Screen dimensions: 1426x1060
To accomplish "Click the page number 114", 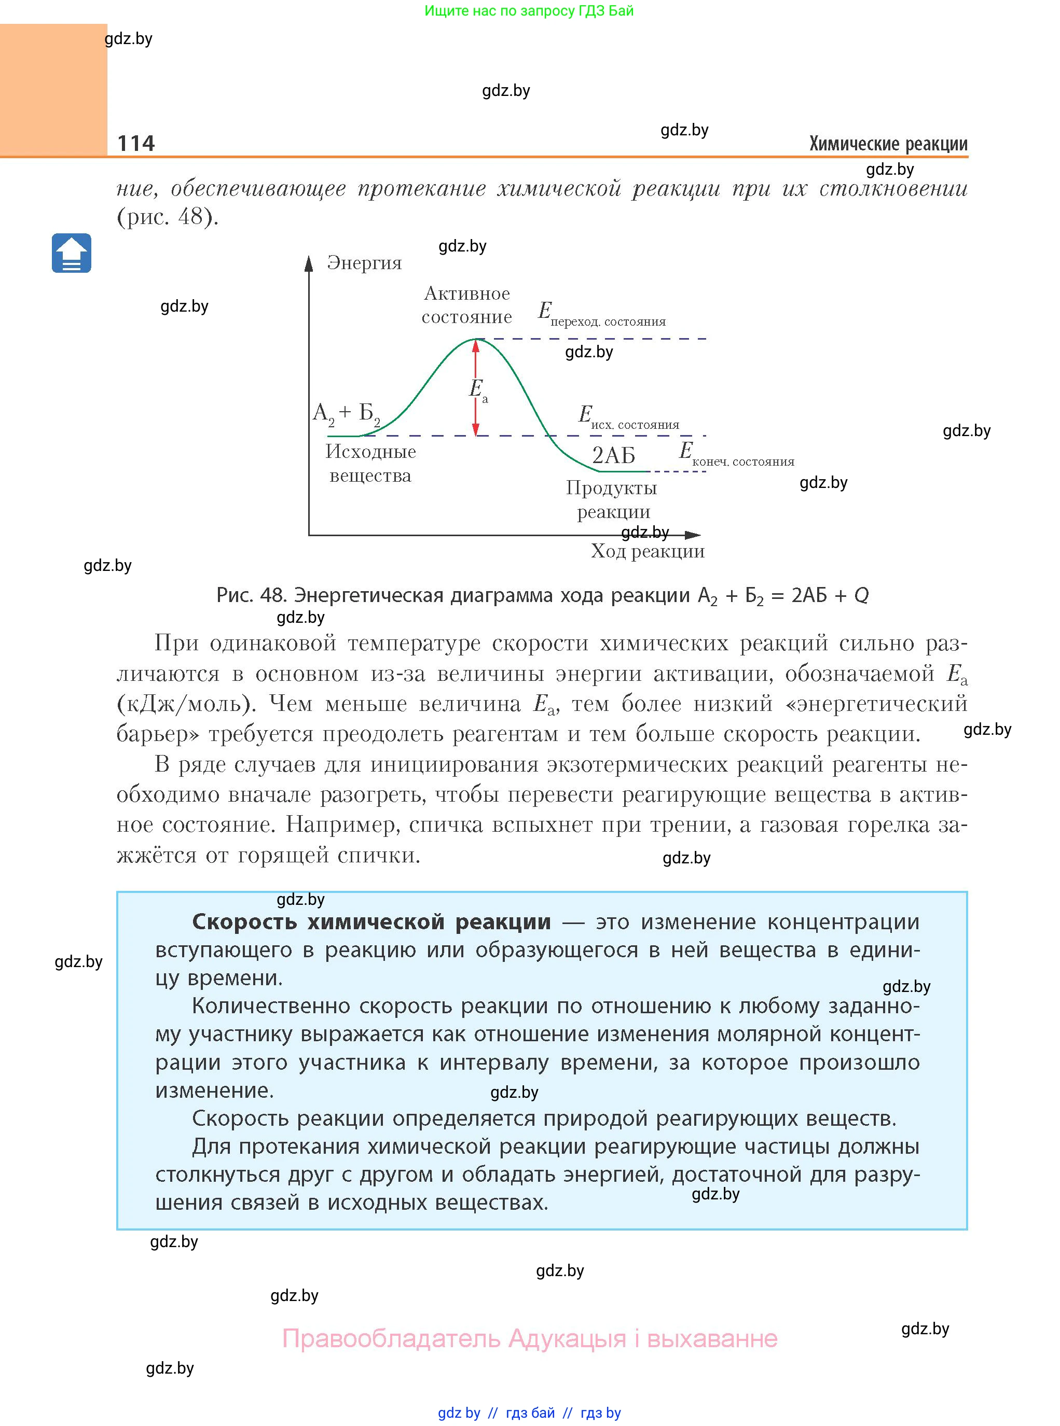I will click(x=136, y=143).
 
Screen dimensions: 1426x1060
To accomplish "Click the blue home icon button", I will click(x=71, y=253).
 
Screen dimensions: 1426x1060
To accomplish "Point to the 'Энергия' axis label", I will click(x=364, y=263).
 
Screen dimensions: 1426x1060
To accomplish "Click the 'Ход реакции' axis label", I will click(x=648, y=551).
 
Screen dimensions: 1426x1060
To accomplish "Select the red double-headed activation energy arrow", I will click(x=475, y=387).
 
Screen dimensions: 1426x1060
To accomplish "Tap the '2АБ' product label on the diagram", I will click(x=613, y=455).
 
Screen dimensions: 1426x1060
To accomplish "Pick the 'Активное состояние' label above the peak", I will click(x=466, y=305).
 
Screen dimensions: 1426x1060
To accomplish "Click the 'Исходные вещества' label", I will click(x=370, y=463).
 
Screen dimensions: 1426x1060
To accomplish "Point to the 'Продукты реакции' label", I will click(x=612, y=499).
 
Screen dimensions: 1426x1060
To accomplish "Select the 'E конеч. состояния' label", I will click(x=736, y=454).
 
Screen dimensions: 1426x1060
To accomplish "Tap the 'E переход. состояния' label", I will click(x=601, y=314).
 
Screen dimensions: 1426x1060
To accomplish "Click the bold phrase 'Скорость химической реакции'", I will click(x=371, y=922).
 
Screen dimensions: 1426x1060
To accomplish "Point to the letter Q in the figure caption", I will click(x=861, y=596).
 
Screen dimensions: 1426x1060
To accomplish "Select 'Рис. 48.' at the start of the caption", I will click(x=252, y=596).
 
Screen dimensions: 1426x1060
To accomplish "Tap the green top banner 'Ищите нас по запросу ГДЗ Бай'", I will click(x=529, y=11).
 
